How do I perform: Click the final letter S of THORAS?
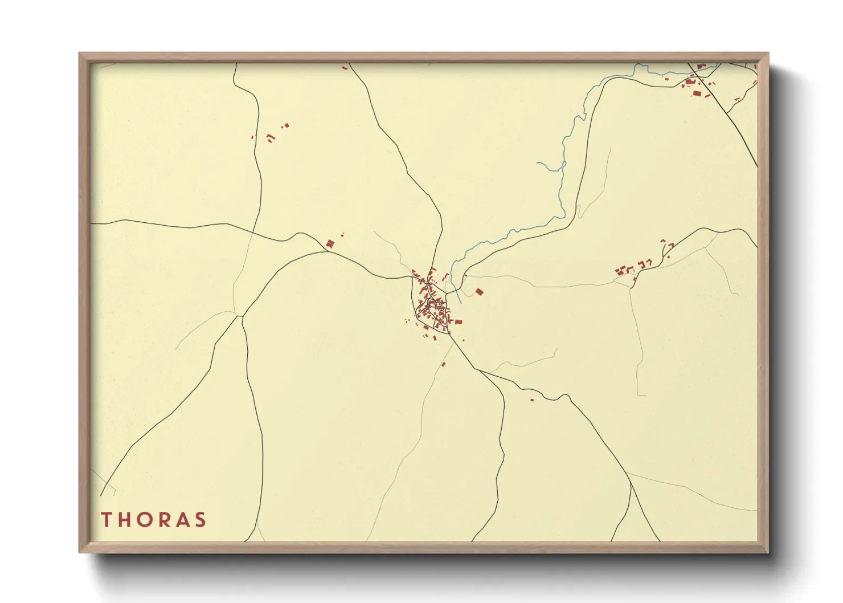tap(200, 519)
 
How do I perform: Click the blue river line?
tap(564, 171)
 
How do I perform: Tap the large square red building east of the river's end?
tap(479, 292)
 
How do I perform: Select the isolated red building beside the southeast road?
tap(532, 400)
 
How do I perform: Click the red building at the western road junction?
tap(329, 244)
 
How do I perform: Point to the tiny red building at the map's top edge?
tap(345, 68)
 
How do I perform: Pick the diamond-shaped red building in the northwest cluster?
tap(287, 125)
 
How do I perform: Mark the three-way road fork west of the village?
tap(240, 315)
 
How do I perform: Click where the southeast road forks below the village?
tap(480, 371)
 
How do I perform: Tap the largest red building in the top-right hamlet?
tap(697, 93)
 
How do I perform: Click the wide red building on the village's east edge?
tap(457, 322)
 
